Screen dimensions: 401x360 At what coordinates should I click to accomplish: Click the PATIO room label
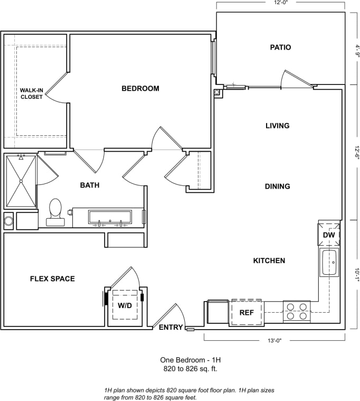pyautogui.click(x=280, y=48)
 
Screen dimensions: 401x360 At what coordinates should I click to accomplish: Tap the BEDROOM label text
pyautogui.click(x=140, y=89)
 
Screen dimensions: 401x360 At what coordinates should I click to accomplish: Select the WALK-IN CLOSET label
pyautogui.click(x=32, y=94)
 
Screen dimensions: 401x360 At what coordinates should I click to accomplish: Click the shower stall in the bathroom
pyautogui.click(x=21, y=181)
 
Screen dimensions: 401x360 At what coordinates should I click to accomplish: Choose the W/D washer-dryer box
pyautogui.click(x=125, y=306)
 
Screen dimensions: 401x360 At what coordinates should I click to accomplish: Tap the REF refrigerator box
pyautogui.click(x=247, y=313)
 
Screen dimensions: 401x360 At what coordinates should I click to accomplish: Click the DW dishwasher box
pyautogui.click(x=329, y=234)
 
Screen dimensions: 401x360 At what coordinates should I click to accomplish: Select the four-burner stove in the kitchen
pyautogui.click(x=297, y=312)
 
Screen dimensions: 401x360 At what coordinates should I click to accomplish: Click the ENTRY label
pyautogui.click(x=170, y=328)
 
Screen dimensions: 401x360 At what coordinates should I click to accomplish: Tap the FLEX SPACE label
pyautogui.click(x=52, y=279)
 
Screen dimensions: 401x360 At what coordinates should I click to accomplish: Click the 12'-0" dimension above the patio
pyautogui.click(x=280, y=3)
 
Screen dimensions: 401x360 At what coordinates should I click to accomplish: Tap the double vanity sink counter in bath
pyautogui.click(x=110, y=217)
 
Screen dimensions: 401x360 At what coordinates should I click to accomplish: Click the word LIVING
pyautogui.click(x=277, y=126)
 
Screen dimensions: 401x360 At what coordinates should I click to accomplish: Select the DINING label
pyautogui.click(x=277, y=186)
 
